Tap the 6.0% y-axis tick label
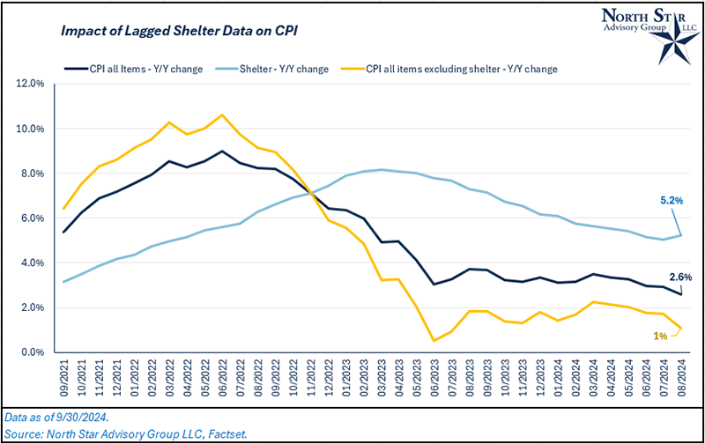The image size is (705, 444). click(x=32, y=218)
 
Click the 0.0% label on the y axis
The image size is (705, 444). click(x=32, y=352)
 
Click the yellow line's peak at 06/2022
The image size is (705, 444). click(x=222, y=115)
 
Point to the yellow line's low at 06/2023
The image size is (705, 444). click(x=434, y=340)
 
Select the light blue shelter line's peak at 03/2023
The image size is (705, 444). click(x=381, y=169)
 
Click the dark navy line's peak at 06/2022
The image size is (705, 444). click(x=222, y=151)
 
